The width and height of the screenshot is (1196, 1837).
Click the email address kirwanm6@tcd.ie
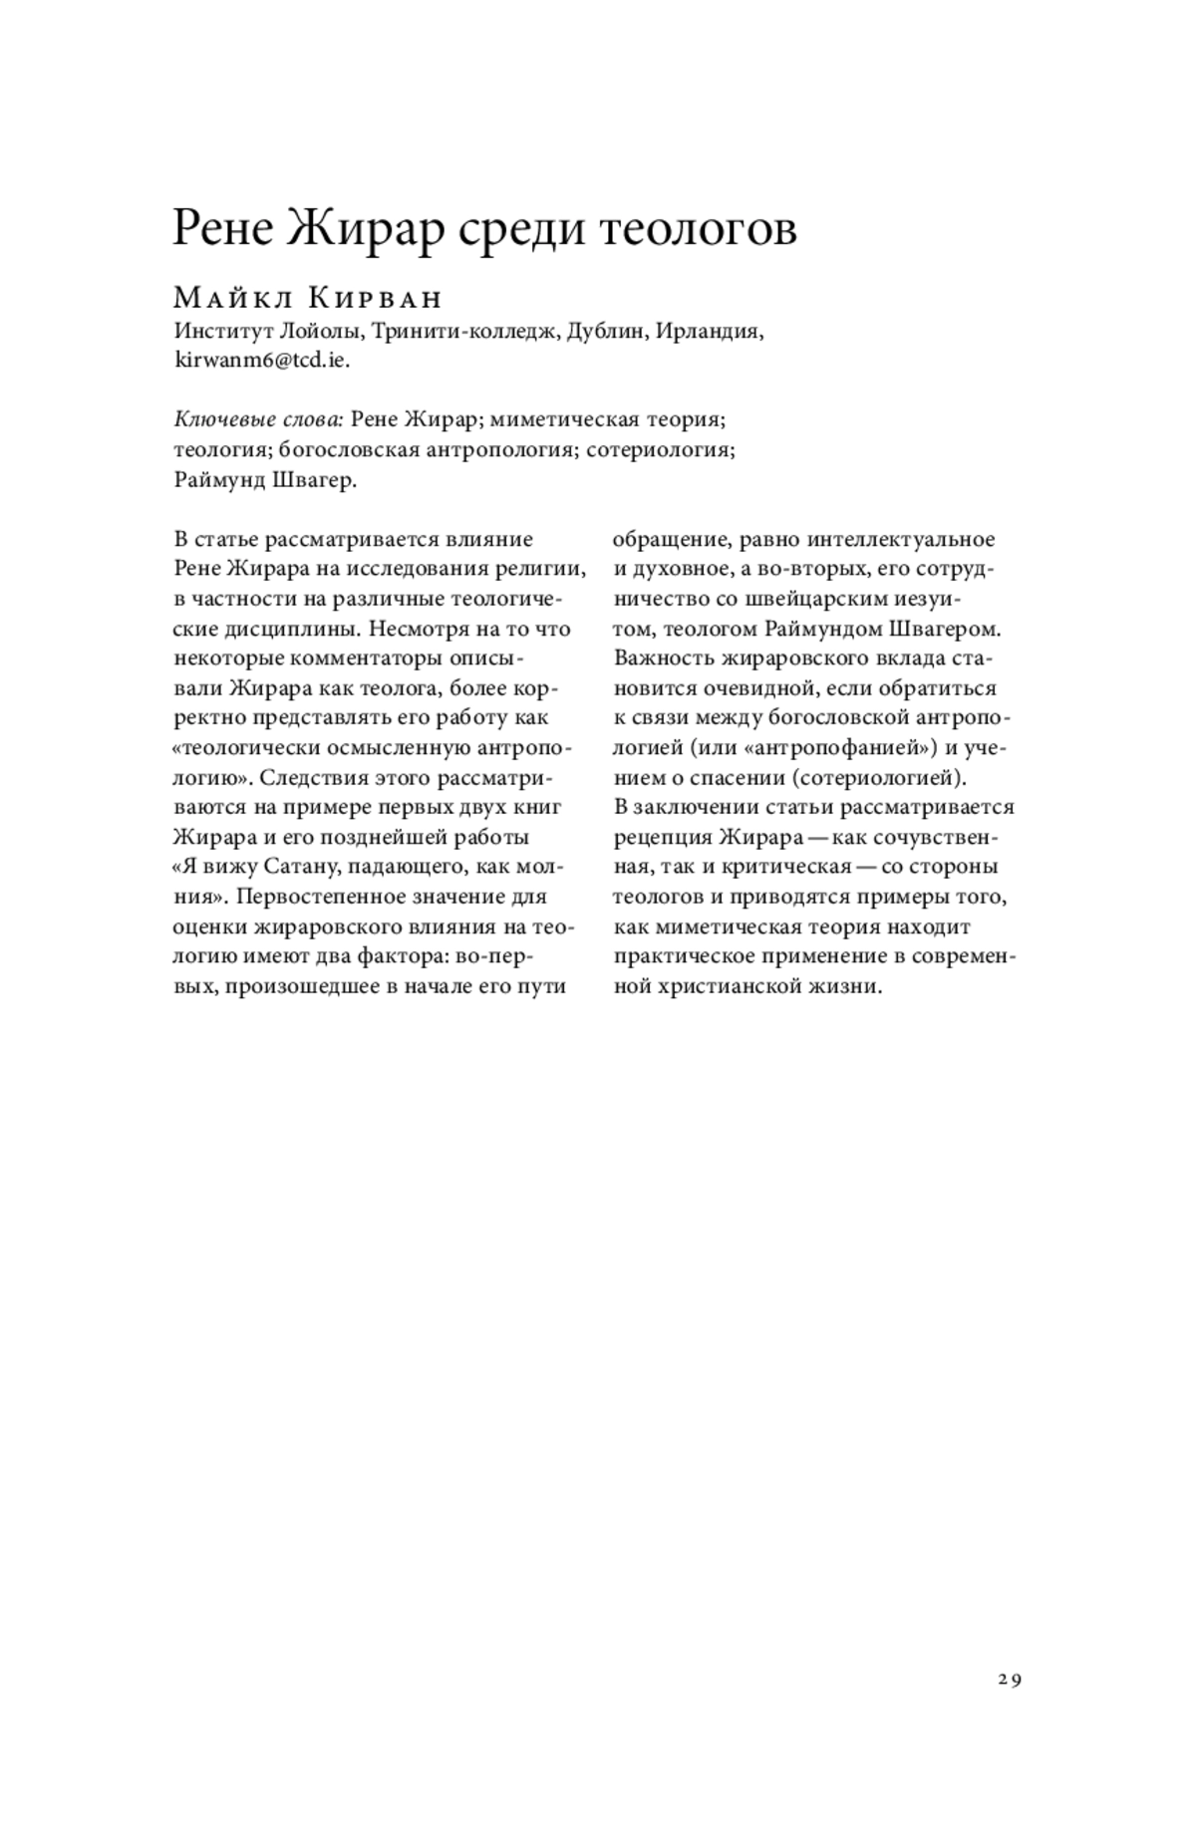(262, 361)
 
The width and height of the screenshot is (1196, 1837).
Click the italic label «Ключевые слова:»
(259, 419)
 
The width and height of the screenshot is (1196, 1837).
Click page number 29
(1009, 1680)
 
